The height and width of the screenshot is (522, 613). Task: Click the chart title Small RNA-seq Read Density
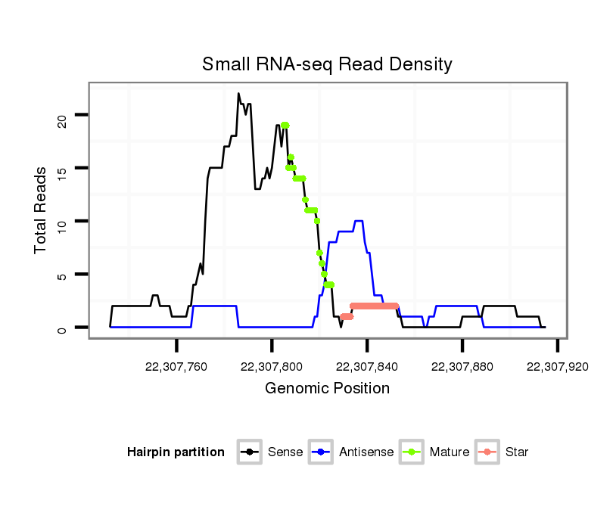click(327, 64)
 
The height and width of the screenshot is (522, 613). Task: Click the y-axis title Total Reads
click(41, 210)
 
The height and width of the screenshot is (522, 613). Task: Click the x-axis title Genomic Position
click(327, 389)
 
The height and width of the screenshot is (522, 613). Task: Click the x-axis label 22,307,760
click(176, 367)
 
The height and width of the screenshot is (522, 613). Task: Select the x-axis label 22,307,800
click(272, 367)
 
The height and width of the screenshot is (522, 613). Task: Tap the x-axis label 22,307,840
click(367, 367)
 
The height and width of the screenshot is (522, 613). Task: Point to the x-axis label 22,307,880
click(462, 367)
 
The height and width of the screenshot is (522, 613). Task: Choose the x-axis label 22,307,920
click(557, 367)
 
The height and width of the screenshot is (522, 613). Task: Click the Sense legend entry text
click(285, 452)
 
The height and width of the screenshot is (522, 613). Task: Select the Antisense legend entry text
click(366, 452)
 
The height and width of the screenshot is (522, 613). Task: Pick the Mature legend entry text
click(450, 452)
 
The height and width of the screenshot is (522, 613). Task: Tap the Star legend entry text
click(516, 452)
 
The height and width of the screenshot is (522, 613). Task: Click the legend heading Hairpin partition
click(176, 452)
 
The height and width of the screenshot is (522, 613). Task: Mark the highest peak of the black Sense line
click(238, 94)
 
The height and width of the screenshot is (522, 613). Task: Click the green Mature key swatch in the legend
click(415, 452)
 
